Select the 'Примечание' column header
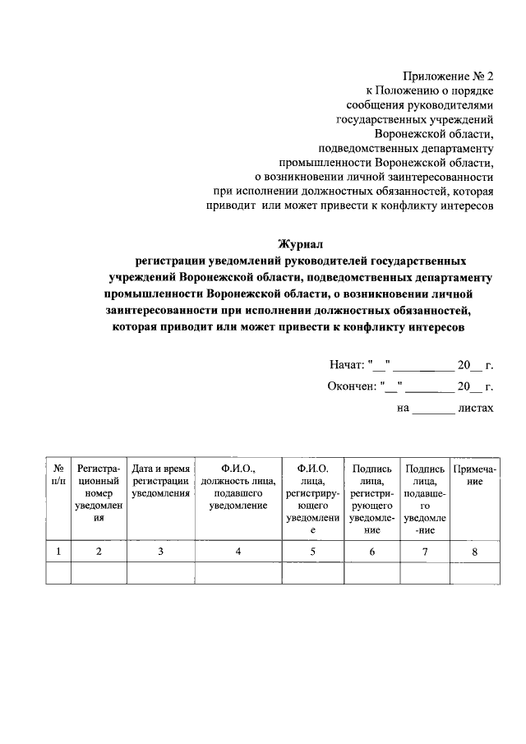click(474, 474)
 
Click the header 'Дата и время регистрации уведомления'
click(161, 480)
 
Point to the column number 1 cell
click(58, 552)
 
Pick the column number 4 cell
click(238, 552)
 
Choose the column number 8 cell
click(474, 552)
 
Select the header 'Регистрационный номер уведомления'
click(99, 493)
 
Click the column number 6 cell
click(371, 552)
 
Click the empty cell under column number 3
click(161, 573)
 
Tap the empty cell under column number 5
click(312, 573)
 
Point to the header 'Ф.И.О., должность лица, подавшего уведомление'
click(238, 487)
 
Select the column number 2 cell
click(99, 552)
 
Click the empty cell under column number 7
click(424, 573)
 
